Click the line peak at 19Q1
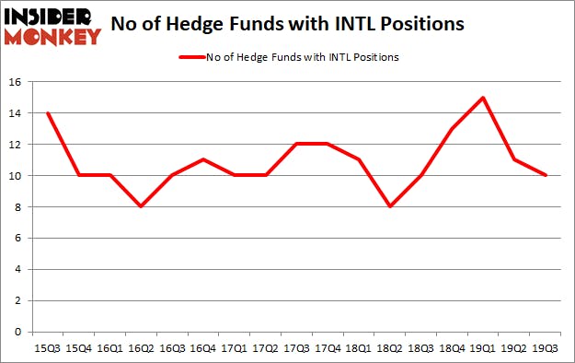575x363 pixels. pyautogui.click(x=485, y=98)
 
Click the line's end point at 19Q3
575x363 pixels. pyautogui.click(x=546, y=176)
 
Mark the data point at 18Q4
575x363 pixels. pyautogui.click(x=454, y=129)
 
